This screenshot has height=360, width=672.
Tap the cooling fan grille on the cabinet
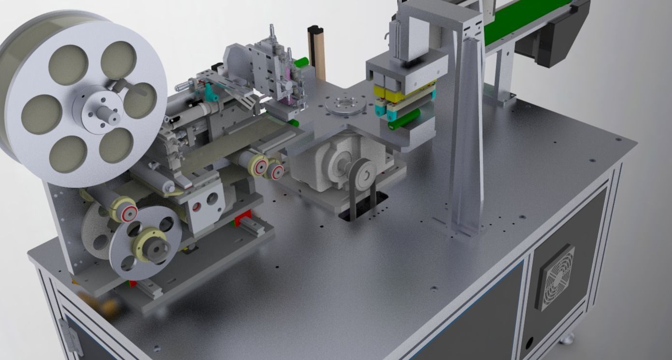(556, 277)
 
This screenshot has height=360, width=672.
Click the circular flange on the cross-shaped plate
(345, 105)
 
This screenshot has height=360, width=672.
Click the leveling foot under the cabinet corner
(568, 338)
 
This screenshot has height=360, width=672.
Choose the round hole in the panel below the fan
(529, 343)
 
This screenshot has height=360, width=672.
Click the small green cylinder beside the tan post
(302, 62)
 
